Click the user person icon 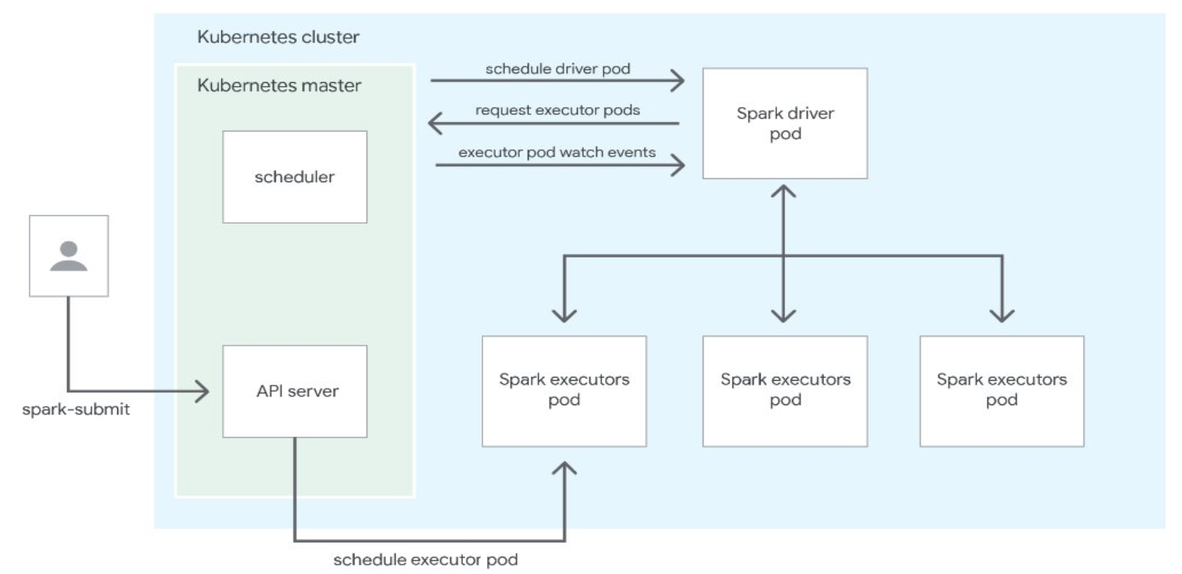tap(69, 257)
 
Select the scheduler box tap(295, 177)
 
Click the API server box tap(295, 390)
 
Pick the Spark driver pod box tap(784, 124)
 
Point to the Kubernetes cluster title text tap(278, 37)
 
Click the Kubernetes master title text tap(279, 85)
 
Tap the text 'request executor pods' tap(557, 110)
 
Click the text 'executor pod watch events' tap(557, 152)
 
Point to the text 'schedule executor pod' tap(425, 560)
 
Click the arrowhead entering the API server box tap(204, 391)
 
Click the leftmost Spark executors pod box tap(564, 391)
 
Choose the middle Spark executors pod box tap(784, 391)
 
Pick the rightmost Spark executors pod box tap(1001, 391)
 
